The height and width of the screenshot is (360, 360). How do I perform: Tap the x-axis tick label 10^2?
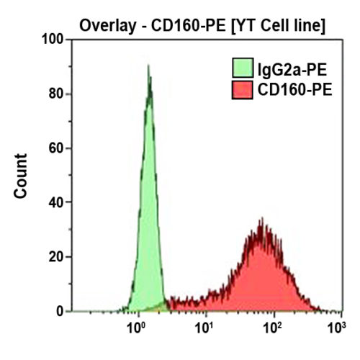pos(270,329)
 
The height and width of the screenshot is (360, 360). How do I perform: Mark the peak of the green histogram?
pos(148,66)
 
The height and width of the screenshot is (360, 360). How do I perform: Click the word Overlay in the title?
pos(108,26)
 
